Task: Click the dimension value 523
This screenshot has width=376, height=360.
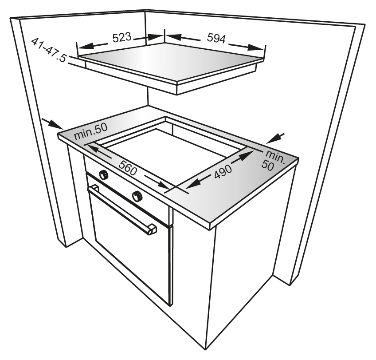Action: (x=122, y=37)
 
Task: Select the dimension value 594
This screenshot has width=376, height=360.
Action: (x=216, y=38)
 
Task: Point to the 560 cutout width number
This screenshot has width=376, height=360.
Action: (x=128, y=168)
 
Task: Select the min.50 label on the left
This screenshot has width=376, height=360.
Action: (x=90, y=132)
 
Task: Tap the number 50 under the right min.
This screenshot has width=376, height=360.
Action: (x=268, y=166)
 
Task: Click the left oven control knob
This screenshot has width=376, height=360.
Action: (x=104, y=174)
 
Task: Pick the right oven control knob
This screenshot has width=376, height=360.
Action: (x=137, y=196)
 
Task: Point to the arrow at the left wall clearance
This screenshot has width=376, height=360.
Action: (x=52, y=123)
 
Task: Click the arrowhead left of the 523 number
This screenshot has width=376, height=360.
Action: (x=84, y=46)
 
